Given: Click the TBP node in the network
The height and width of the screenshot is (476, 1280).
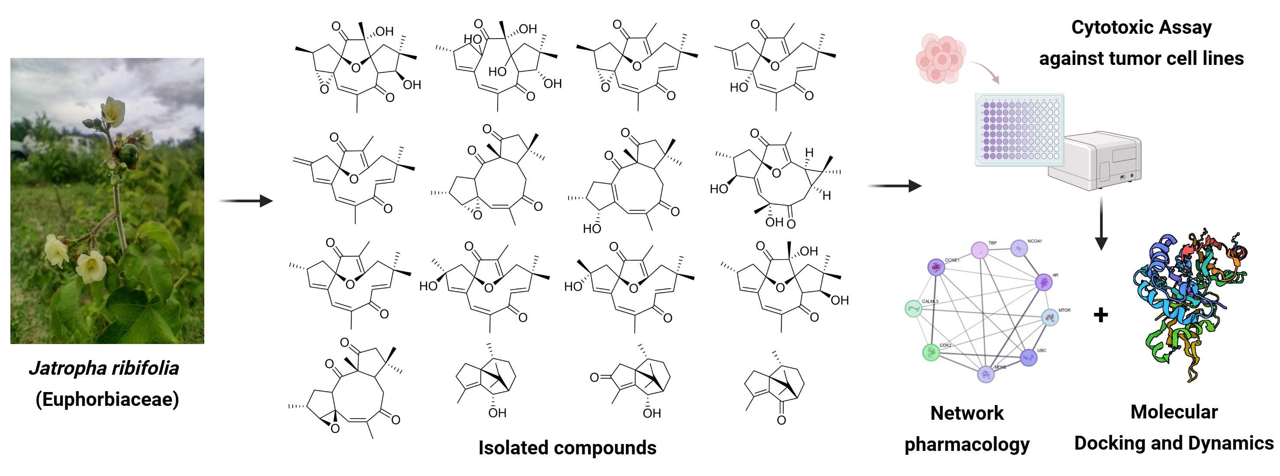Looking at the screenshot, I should click(979, 251).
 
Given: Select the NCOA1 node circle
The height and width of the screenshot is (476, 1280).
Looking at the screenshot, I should click(1019, 248).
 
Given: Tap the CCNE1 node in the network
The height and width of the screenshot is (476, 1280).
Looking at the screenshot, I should click(936, 267).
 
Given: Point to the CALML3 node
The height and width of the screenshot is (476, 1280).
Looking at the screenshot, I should click(913, 309).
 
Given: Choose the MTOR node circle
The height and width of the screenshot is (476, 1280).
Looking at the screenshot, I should click(1049, 318).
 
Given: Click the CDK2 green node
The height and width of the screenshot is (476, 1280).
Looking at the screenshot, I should click(931, 352).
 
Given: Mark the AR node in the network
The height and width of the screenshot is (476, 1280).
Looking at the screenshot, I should click(1043, 282).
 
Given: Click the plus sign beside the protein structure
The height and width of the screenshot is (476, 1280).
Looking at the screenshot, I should click(1100, 315).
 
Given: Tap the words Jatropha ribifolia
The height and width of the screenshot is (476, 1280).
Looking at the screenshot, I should click(104, 368).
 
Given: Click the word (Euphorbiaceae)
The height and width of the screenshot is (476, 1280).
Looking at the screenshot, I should click(107, 399).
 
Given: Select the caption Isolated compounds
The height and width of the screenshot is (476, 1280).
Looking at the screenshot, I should click(567, 448).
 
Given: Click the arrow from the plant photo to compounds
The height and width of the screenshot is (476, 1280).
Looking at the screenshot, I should click(246, 201).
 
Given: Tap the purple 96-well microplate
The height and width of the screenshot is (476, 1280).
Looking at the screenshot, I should click(1019, 129).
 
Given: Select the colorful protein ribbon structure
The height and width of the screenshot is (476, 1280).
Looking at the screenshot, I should click(1190, 303).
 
